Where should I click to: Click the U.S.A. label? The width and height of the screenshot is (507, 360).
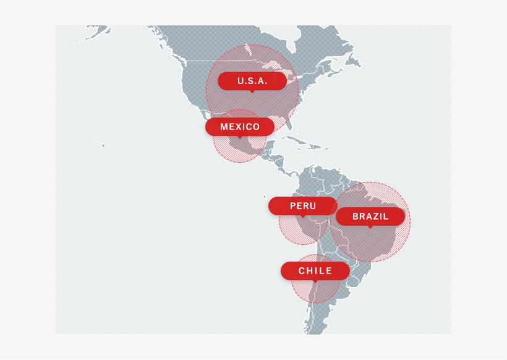252,81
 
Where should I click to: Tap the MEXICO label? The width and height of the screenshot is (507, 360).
240,127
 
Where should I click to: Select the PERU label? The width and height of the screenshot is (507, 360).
302,206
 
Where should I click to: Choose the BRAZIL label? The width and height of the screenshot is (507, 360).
370,216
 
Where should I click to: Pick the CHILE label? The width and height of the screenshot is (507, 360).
315,271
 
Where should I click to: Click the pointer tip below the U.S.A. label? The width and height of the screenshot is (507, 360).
251,92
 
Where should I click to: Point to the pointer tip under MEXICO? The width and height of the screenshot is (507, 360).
240,137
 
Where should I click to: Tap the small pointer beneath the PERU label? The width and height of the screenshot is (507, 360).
302,216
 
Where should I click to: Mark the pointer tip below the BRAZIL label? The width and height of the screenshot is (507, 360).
370,227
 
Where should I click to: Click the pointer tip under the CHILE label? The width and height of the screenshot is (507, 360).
315,281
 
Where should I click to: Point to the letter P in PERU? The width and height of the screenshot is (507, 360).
292,206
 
